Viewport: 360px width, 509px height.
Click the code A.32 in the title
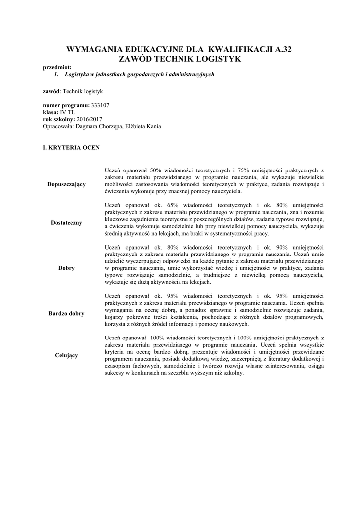[281, 50]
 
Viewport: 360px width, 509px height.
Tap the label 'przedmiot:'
[57, 67]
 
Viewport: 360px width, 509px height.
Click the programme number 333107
[101, 106]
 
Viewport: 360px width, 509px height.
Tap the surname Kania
[152, 126]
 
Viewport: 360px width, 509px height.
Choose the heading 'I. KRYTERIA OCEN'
[71, 148]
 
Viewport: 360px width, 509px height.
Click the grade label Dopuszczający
[66, 184]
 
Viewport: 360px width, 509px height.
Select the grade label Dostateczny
[66, 223]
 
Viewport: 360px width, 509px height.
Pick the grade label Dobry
[66, 268]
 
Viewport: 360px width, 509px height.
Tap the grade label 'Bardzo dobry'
[66, 314]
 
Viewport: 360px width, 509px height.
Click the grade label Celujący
[66, 355]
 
